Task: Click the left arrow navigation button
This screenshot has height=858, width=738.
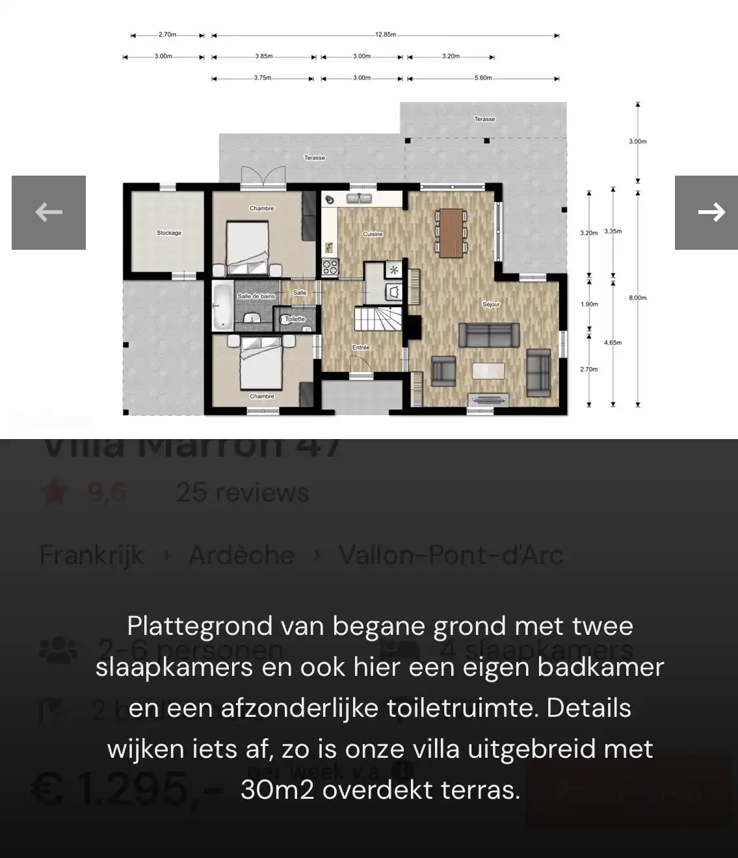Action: [x=49, y=212]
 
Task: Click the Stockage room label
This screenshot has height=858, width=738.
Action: [x=169, y=233]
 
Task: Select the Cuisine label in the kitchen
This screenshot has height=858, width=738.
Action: [x=373, y=234]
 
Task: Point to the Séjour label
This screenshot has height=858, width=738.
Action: [x=491, y=304]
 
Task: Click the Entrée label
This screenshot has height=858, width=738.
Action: [x=361, y=347]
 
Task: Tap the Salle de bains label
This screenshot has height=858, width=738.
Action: [x=256, y=296]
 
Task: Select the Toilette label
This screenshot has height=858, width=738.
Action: [x=295, y=319]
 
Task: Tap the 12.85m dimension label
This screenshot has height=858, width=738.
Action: [x=385, y=34]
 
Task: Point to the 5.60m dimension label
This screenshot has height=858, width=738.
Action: [x=483, y=78]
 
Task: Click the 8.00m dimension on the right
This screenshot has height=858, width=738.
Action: [x=637, y=298]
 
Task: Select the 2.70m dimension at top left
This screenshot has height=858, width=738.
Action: [x=167, y=34]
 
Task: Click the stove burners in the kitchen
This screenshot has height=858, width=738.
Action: [x=330, y=266]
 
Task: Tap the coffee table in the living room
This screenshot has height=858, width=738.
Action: [x=488, y=370]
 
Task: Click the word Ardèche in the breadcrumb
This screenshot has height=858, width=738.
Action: [x=241, y=556]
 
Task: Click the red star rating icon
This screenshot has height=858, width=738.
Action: [x=54, y=493]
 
